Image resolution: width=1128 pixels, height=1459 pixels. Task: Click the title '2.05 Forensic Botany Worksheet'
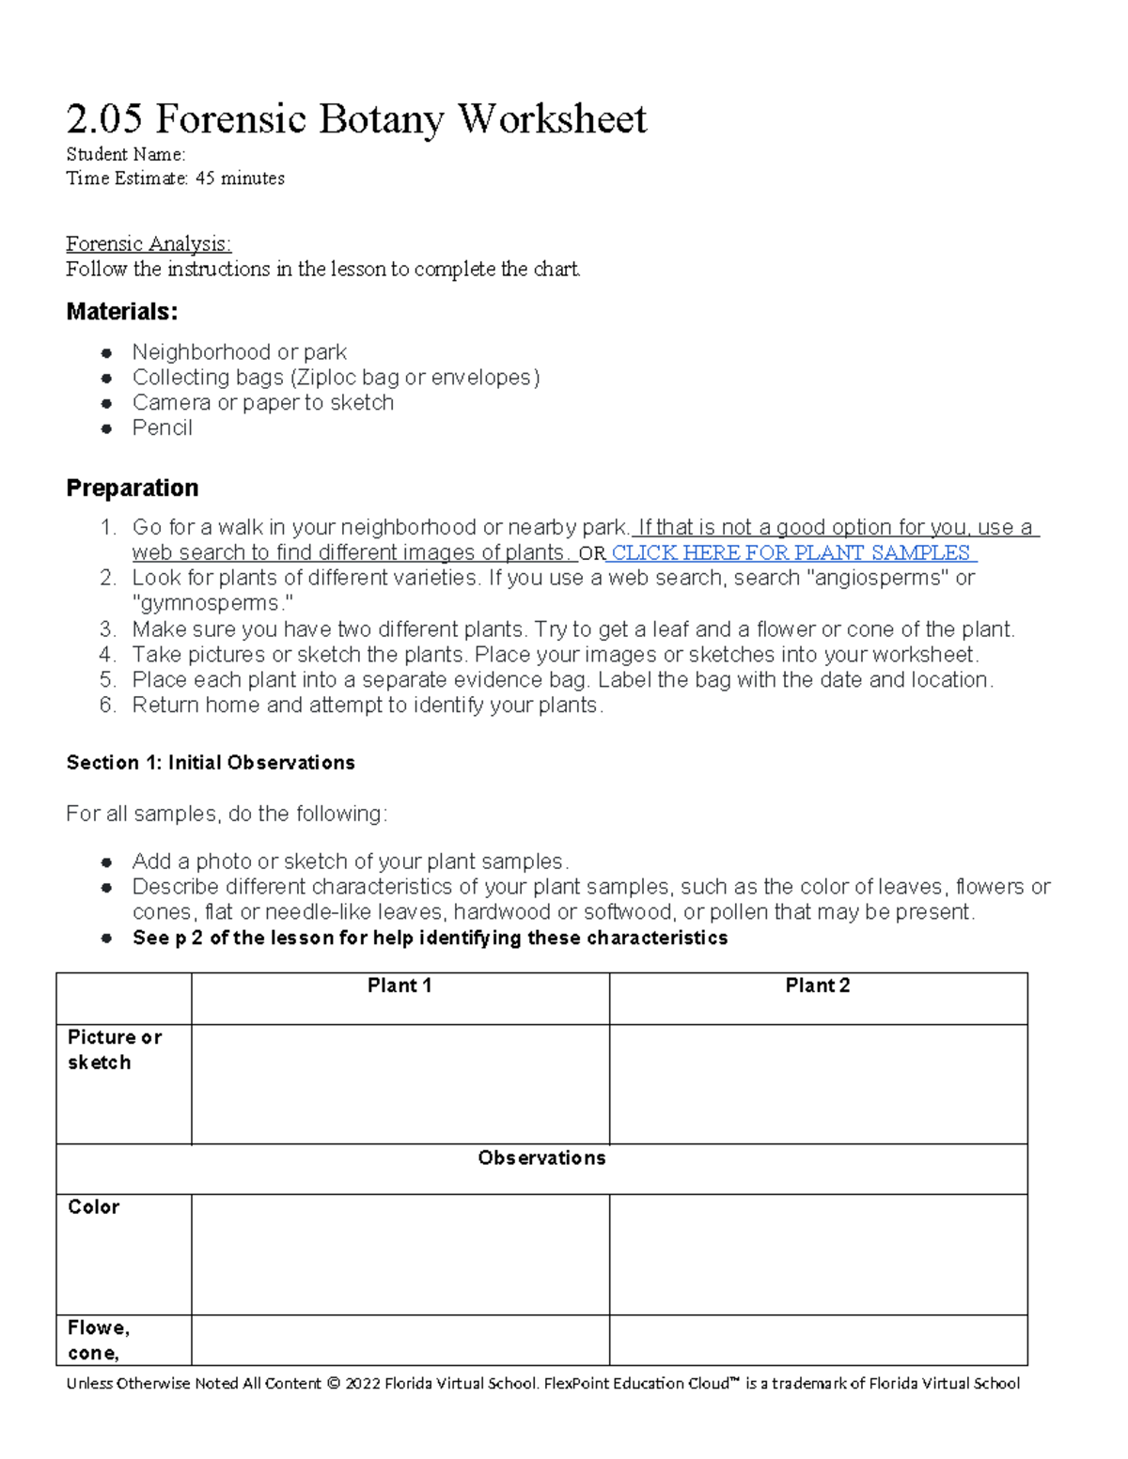355,120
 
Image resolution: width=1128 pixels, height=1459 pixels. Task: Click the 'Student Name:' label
126,154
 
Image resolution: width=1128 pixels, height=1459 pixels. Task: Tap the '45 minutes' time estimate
240,178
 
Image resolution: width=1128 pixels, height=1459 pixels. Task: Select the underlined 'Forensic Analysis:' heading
149,244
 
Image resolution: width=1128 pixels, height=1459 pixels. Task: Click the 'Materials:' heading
121,312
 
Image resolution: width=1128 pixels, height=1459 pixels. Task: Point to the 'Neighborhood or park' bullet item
239,352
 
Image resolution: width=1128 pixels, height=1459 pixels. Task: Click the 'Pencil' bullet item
162,428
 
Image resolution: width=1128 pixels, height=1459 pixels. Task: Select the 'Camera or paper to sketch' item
262,403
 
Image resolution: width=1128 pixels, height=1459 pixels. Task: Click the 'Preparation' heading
132,489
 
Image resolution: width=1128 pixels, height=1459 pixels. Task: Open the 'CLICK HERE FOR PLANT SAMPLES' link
791,553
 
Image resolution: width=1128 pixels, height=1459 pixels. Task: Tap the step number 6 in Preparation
107,706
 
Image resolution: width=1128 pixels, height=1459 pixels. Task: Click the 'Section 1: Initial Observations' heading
211,763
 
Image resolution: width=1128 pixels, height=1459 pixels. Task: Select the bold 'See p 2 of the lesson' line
430,939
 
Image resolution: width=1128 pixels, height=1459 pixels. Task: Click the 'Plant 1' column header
399,986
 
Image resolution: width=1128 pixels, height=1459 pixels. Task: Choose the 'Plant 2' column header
818,986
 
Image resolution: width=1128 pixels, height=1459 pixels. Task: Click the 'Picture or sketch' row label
114,1050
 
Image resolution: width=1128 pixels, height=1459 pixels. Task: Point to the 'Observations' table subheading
541,1158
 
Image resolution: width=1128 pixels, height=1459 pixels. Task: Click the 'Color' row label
94,1207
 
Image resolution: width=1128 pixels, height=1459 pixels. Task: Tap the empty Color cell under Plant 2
818,1254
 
